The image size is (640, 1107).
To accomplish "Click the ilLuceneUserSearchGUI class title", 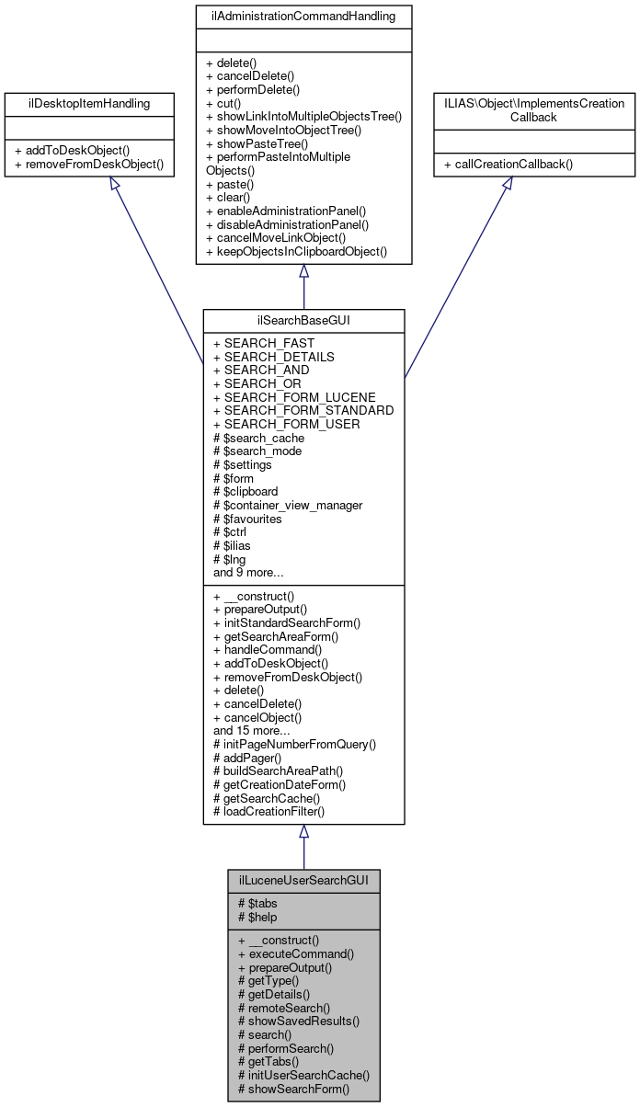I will [x=303, y=879].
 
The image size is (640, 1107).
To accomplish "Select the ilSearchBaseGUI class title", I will [x=303, y=320].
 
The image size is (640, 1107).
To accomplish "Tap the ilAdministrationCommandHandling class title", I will [x=303, y=16].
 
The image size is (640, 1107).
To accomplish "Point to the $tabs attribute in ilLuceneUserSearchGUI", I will [x=257, y=903].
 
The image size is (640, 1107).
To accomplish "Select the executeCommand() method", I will [x=295, y=954].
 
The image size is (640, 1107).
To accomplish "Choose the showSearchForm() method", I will [x=293, y=1089].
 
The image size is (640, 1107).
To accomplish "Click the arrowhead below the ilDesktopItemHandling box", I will [x=115, y=185].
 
